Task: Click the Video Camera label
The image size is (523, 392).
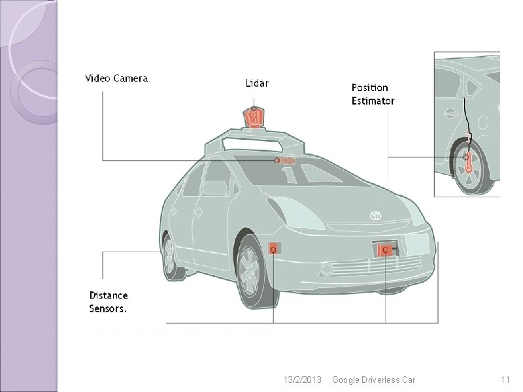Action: pyautogui.click(x=117, y=78)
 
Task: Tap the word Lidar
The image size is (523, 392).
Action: pyautogui.click(x=256, y=83)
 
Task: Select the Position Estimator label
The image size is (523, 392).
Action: pyautogui.click(x=373, y=94)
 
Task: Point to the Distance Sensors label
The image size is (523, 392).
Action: pyautogui.click(x=109, y=302)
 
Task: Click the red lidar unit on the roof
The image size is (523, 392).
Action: pyautogui.click(x=253, y=118)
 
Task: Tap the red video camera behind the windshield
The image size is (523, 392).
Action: pyautogui.click(x=285, y=160)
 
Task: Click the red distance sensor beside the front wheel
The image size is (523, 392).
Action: pyautogui.click(x=274, y=249)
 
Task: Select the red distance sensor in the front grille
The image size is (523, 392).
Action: pyautogui.click(x=385, y=250)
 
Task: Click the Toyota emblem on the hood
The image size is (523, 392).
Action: pyautogui.click(x=375, y=216)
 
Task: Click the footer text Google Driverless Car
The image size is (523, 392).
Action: pyautogui.click(x=373, y=380)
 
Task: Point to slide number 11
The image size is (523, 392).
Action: pyautogui.click(x=504, y=380)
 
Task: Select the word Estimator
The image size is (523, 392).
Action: pyautogui.click(x=373, y=101)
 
